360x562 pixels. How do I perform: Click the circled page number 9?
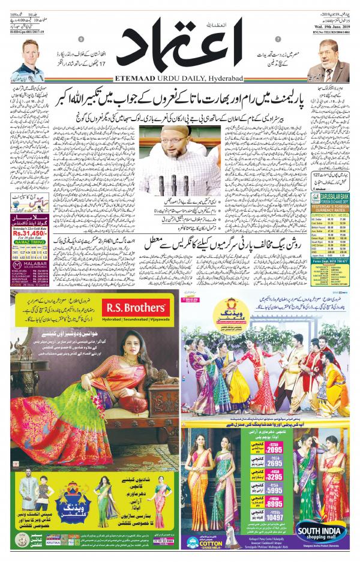tap(81, 40)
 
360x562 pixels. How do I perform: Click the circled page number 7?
tap(278, 40)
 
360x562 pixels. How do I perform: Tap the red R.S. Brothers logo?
tap(135, 308)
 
